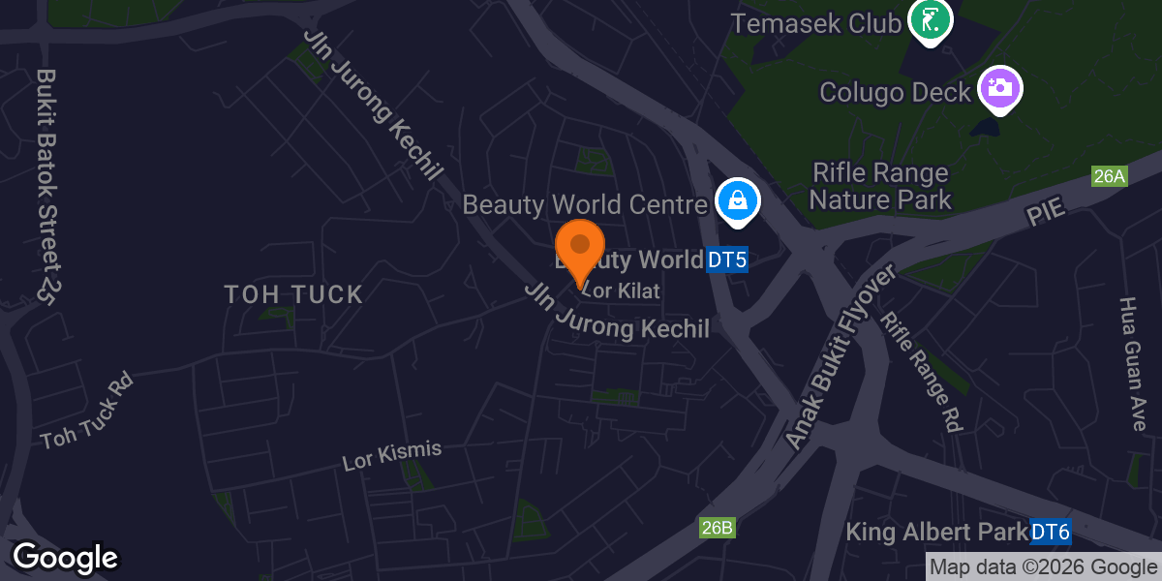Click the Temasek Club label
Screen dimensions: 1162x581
[x=815, y=22]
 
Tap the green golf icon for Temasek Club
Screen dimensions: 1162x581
[x=930, y=20]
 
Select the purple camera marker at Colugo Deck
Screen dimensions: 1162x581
[x=1000, y=88]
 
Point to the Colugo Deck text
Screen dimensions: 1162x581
[x=894, y=92]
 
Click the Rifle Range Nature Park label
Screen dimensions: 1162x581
[x=880, y=187]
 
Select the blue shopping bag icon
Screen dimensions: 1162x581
[x=738, y=201]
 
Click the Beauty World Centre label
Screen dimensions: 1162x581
[x=585, y=205]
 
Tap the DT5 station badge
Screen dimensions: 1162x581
[x=727, y=260]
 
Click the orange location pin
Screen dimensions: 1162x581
[x=580, y=250]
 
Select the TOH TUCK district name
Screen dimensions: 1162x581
[x=293, y=294]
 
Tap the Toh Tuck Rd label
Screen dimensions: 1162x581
[x=86, y=412]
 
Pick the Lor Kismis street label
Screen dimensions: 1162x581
[x=392, y=455]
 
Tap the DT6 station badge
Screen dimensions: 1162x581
[x=1050, y=532]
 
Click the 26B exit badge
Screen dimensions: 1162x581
[x=718, y=528]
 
